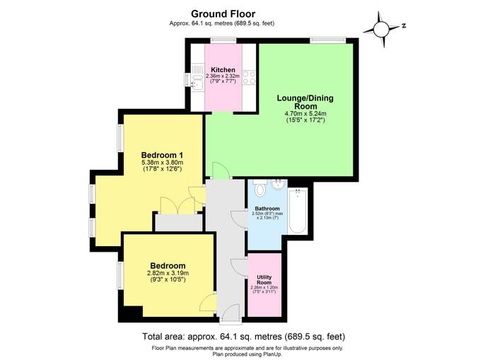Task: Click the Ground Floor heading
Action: coord(223,14)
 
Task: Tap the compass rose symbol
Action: coord(382,30)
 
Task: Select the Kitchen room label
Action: coord(223,70)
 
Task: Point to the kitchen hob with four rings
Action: coord(249,77)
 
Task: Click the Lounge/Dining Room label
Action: coord(305,102)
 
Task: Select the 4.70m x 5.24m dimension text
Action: coord(305,114)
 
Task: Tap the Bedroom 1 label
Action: coord(162,155)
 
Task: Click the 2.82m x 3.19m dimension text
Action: coord(168,273)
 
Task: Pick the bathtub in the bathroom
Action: coord(298,211)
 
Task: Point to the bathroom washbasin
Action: coord(279,184)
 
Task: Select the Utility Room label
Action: coord(264,280)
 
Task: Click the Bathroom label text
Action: coord(267,209)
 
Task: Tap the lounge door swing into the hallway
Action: coord(221,170)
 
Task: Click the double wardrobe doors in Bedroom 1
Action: coord(177,206)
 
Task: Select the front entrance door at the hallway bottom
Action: coord(231,313)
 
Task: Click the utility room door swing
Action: coord(239,267)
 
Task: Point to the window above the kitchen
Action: coord(223,40)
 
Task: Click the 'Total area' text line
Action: coord(244,337)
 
